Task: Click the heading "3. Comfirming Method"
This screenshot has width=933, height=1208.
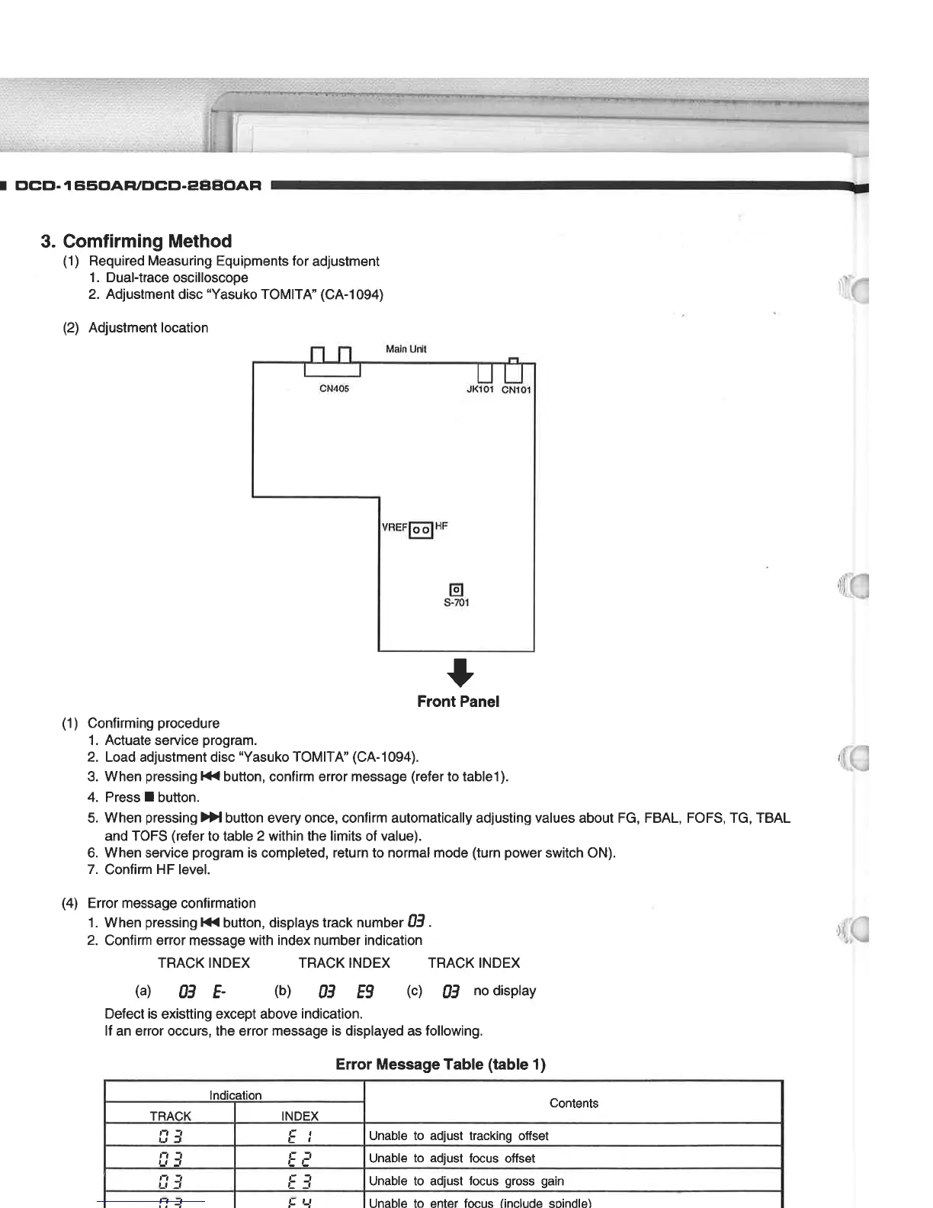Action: tap(137, 241)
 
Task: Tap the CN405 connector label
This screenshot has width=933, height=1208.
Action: tap(334, 389)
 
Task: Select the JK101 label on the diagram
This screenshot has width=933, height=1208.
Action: tap(480, 389)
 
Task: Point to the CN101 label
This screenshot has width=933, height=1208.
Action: tap(516, 389)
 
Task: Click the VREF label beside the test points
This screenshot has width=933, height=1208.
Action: tap(394, 527)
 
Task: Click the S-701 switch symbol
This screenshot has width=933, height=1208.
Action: tap(457, 590)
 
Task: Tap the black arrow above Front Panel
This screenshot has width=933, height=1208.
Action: tap(460, 672)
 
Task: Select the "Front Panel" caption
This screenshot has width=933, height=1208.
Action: tap(458, 702)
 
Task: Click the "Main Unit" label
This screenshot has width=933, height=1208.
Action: tap(406, 349)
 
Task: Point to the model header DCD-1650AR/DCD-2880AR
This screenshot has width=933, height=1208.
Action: tap(138, 185)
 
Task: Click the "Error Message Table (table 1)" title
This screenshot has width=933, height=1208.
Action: tap(441, 1065)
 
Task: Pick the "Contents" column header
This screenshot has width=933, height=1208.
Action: tap(574, 1103)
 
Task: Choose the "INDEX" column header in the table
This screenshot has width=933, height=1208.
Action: tap(300, 1116)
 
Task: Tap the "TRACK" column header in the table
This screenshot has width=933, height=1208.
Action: tap(170, 1116)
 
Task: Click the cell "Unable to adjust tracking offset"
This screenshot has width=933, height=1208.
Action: tap(459, 1136)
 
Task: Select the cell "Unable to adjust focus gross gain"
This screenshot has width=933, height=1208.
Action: tap(466, 1181)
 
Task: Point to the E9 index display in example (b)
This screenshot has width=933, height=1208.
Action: tap(365, 991)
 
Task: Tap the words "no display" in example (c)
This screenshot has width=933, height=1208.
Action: tap(505, 991)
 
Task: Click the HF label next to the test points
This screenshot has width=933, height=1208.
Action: tap(441, 526)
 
